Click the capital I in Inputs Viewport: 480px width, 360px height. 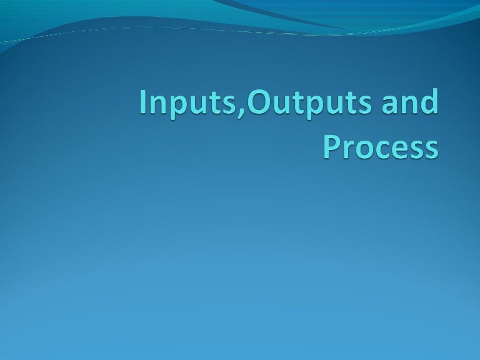pos(142,103)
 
